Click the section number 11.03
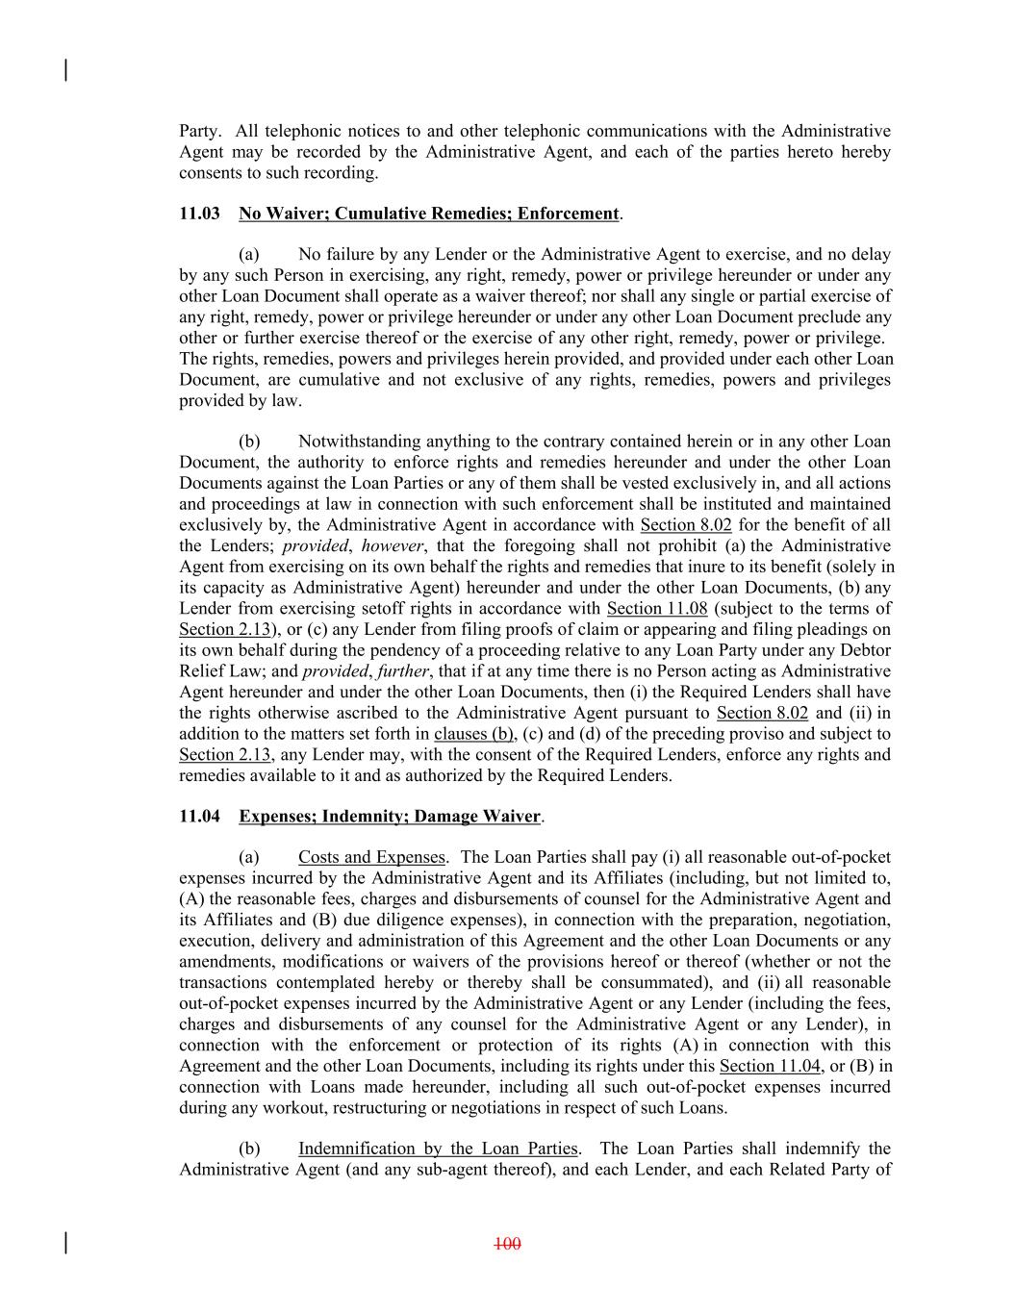coord(199,214)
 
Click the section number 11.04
coord(199,817)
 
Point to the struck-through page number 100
coord(507,1244)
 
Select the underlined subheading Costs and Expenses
coord(371,857)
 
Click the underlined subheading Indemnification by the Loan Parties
coord(438,1149)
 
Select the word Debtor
coord(865,650)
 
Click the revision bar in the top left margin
coord(64,70)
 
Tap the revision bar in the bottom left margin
coord(64,1243)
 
